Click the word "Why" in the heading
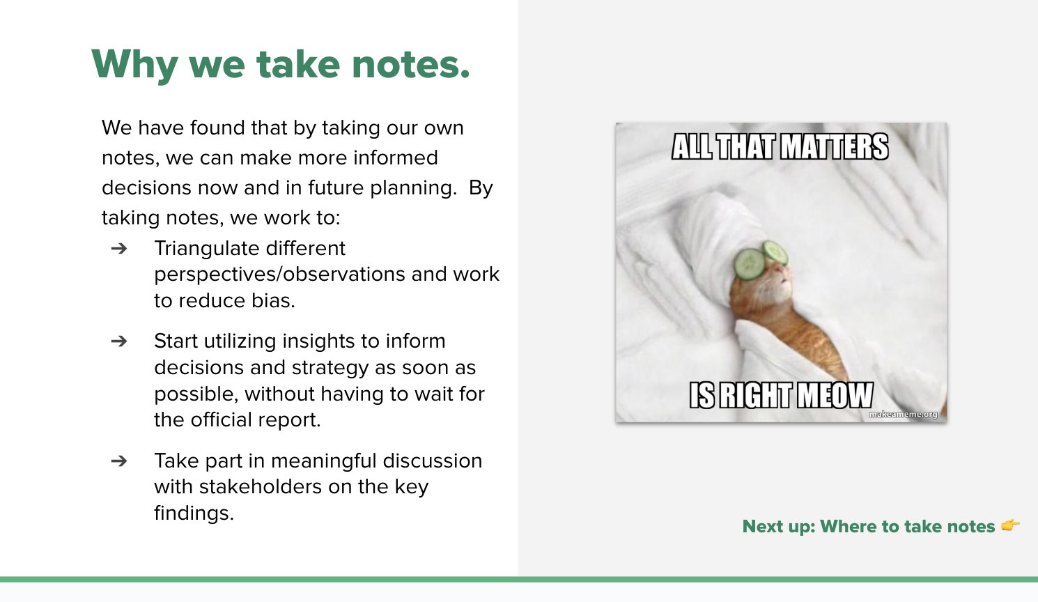134,65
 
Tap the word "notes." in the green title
411,64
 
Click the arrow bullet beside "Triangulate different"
119,249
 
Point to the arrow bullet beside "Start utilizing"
119,341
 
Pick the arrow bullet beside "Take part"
119,461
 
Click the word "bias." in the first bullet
273,301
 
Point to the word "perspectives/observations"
280,275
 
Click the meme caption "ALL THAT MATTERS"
780,147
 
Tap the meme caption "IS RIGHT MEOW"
781,395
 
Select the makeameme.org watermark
903,415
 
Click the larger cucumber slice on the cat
749,265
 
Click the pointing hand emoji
1010,525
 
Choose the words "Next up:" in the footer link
779,527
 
